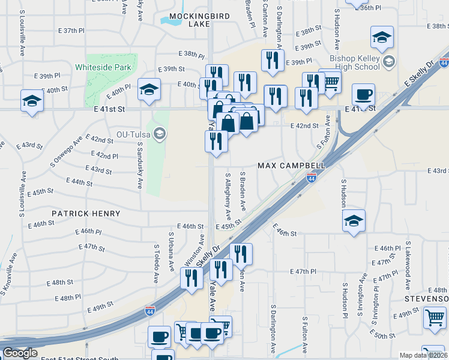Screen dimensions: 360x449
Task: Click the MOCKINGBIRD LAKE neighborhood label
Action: tap(190, 20)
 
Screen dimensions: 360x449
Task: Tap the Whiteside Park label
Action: tap(103, 68)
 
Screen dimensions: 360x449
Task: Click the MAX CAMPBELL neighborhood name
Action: tap(291, 165)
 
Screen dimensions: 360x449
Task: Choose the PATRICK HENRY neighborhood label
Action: tap(85, 214)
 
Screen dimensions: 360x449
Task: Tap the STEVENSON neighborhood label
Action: tap(427, 299)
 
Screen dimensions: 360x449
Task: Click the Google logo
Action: tap(20, 353)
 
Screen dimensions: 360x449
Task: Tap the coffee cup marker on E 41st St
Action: tap(363, 95)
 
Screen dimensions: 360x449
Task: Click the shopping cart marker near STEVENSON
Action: tap(434, 318)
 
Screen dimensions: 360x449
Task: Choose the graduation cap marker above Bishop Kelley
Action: tap(382, 38)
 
